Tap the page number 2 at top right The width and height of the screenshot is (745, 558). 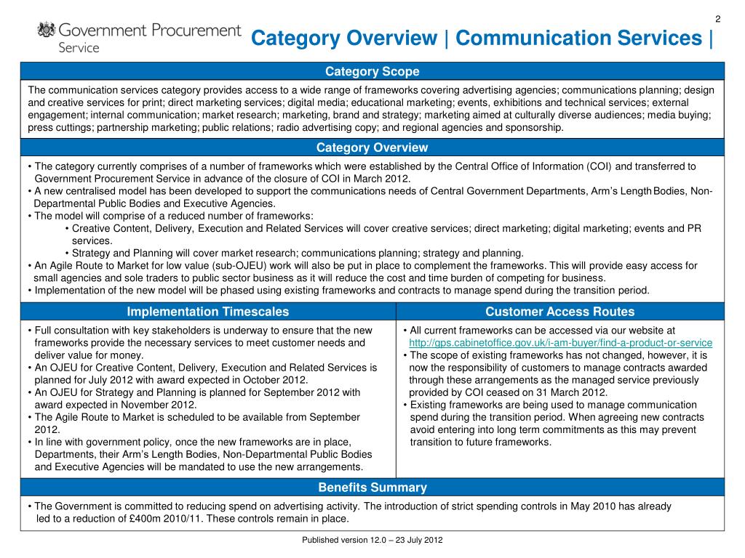[717, 19]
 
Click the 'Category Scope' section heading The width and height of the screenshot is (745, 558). [372, 71]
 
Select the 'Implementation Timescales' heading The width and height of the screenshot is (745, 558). [208, 312]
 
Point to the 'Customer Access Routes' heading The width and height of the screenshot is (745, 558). [560, 312]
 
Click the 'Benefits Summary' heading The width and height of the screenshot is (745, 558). [372, 488]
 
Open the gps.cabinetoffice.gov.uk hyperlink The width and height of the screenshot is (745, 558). [561, 343]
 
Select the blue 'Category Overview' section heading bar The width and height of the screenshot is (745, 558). [372, 147]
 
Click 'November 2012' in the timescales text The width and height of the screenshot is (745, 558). [162, 405]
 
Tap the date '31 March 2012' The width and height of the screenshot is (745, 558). [573, 392]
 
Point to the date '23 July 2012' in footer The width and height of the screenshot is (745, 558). [419, 541]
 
